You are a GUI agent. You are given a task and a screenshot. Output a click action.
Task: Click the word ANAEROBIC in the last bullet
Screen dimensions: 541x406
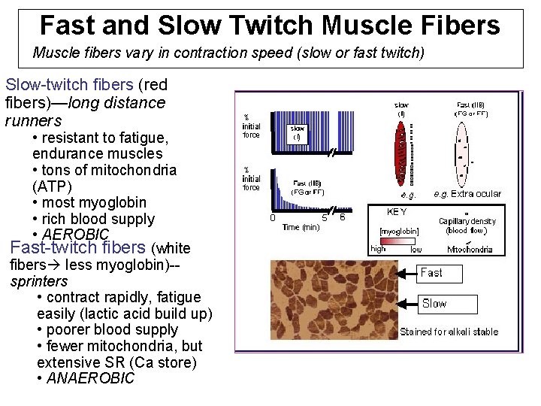coord(90,378)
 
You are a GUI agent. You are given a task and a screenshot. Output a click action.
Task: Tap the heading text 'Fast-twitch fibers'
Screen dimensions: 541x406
coord(78,247)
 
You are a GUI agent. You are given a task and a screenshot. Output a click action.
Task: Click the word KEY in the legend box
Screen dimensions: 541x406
coord(397,212)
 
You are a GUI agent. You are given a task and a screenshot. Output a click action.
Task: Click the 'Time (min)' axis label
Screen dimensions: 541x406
coord(301,227)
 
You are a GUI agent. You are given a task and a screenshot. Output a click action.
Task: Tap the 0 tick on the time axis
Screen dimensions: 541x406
coord(272,218)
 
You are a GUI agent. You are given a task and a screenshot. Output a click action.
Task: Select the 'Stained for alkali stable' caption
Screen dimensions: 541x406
coord(449,331)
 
